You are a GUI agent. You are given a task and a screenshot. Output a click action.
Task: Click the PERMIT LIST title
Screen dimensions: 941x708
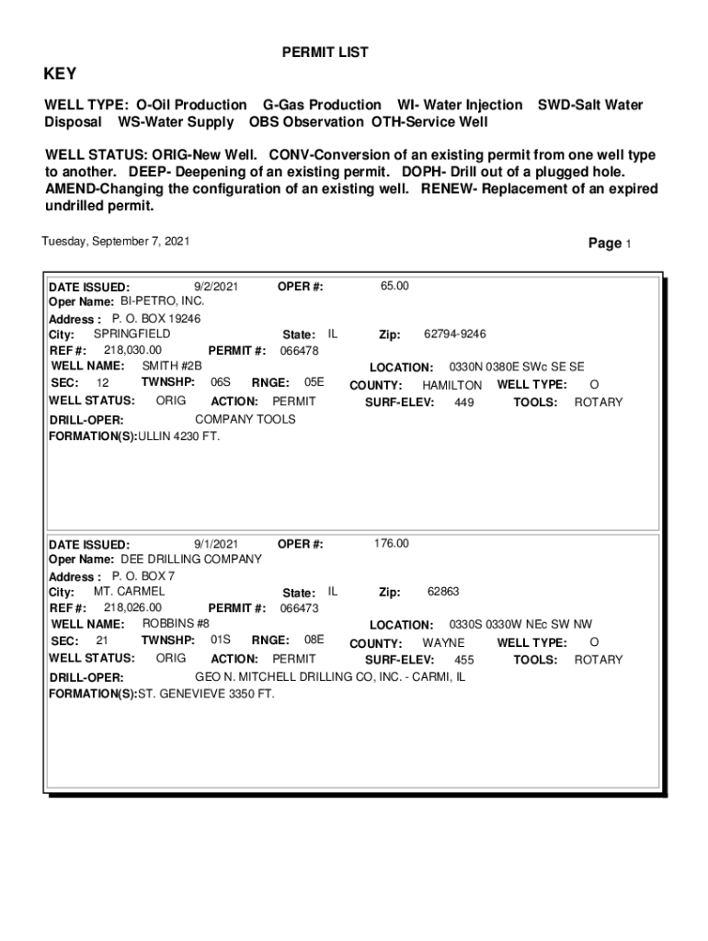tap(325, 53)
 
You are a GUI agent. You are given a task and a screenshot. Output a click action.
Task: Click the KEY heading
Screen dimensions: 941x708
tap(61, 74)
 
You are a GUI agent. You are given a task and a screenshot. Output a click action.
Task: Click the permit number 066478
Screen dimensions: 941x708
tap(299, 351)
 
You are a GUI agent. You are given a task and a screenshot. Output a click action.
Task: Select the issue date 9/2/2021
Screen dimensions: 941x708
tap(217, 287)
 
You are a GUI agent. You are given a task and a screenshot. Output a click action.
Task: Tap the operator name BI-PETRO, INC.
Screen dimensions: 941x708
tap(161, 301)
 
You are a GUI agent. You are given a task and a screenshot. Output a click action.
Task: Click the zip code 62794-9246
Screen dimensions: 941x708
tap(455, 334)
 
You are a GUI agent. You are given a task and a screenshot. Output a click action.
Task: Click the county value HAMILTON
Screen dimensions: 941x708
tap(451, 386)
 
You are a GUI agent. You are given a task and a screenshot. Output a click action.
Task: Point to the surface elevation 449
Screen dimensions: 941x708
tap(464, 402)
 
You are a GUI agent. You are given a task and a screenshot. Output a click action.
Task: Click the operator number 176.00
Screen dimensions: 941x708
tap(392, 544)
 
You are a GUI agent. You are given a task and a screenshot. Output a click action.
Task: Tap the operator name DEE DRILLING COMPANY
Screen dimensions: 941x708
tap(191, 559)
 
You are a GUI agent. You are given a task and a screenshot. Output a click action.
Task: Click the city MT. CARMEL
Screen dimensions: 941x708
tap(130, 592)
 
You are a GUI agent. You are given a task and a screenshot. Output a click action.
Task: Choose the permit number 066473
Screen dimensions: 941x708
tap(299, 608)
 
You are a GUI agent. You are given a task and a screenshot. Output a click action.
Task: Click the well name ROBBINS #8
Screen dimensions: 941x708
tap(176, 623)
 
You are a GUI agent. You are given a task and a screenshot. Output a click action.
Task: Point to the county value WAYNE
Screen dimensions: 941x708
tap(443, 643)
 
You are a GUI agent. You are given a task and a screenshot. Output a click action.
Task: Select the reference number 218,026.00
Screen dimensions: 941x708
tap(132, 607)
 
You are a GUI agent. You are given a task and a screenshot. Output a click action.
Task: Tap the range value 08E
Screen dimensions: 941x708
tap(314, 641)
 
